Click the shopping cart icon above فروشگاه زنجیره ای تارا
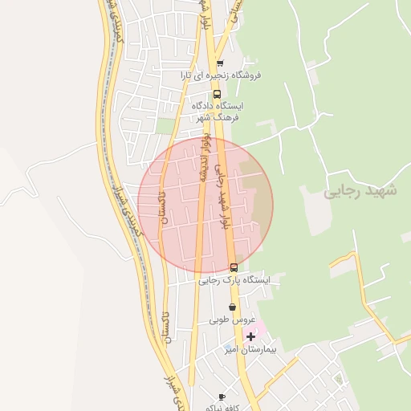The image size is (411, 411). tap(220, 63)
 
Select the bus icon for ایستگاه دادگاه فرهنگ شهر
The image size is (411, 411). tap(217, 93)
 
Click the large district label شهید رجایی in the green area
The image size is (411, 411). tap(360, 193)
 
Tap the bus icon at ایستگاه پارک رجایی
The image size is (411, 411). tap(234, 267)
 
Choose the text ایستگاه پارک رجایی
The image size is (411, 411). tap(234, 280)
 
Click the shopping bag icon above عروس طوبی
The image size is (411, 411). tap(233, 307)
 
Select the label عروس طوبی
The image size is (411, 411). tap(230, 319)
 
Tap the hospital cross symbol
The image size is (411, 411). tap(251, 336)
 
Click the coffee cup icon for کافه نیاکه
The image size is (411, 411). tap(222, 397)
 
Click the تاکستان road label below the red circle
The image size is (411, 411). tap(166, 328)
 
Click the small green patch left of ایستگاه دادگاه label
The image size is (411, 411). tap(165, 125)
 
